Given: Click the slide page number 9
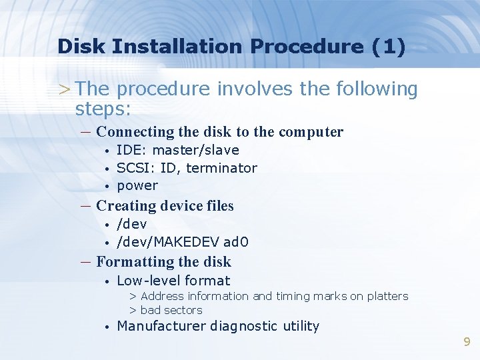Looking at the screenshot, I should point(467,342).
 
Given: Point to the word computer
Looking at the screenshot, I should point(311,132).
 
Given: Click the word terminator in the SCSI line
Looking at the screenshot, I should point(221,168).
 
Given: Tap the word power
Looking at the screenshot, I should point(137,186).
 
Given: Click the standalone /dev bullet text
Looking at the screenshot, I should point(131,224).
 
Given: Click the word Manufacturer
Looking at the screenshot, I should point(161,326).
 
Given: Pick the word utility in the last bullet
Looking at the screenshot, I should point(301,326).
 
